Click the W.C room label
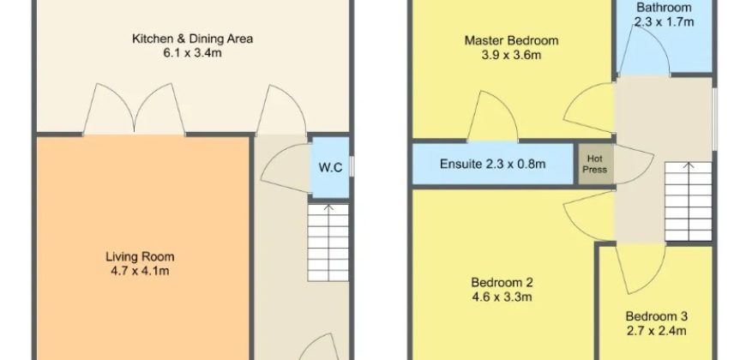330,168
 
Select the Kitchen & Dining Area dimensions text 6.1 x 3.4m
192,53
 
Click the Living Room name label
140,257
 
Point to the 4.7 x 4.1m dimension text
140,272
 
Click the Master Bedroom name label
511,40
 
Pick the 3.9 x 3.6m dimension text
511,55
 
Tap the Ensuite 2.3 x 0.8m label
492,165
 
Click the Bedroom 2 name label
502,283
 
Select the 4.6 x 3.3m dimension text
502,297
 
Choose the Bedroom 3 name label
656,316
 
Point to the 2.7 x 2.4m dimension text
656,331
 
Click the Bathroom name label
664,8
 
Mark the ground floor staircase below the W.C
328,243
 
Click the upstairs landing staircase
688,201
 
